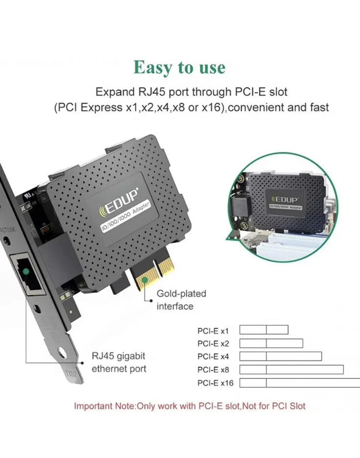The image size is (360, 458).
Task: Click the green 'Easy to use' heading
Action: click(x=179, y=67)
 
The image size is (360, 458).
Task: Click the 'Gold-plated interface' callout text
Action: click(x=174, y=300)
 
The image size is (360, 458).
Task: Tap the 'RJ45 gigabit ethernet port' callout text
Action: click(x=119, y=362)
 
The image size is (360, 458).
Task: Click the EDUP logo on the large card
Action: click(x=119, y=202)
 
